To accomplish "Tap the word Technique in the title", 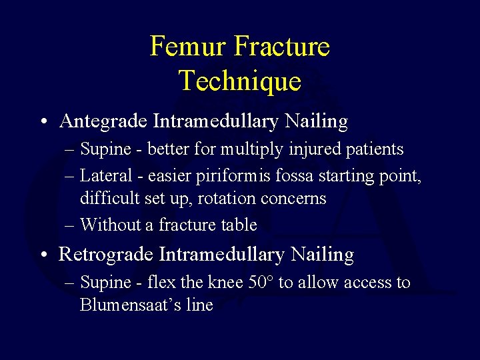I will click(240, 81).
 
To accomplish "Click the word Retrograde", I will click(107, 254).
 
